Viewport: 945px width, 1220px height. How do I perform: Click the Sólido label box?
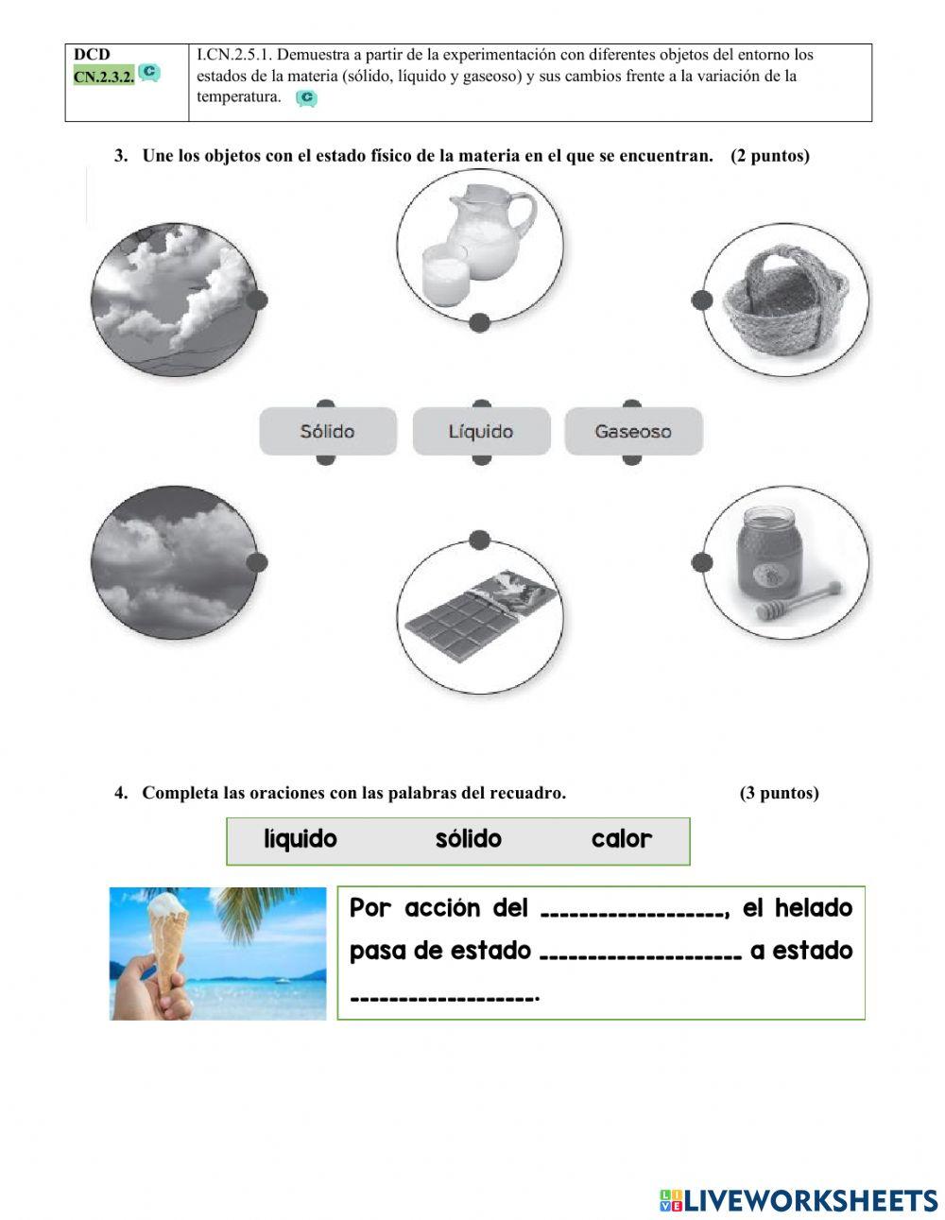tap(328, 432)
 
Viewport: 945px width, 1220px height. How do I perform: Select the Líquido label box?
tap(481, 432)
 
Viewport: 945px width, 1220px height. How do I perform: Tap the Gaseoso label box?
tap(633, 432)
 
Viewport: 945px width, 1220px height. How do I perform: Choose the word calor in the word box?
tap(621, 839)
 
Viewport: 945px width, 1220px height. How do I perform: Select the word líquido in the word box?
tap(301, 839)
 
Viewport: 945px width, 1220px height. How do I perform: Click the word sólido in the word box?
tap(468, 839)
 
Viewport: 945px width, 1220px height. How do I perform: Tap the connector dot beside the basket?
tap(701, 300)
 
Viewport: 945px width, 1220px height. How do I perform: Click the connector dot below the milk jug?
tap(479, 323)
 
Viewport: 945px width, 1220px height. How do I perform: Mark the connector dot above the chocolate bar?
tap(479, 540)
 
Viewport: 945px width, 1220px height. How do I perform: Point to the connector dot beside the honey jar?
tap(701, 562)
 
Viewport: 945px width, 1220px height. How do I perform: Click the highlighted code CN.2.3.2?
tap(103, 77)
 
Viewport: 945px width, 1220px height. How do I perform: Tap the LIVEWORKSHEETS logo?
tap(799, 1200)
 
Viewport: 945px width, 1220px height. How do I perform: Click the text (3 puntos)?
tap(779, 793)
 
